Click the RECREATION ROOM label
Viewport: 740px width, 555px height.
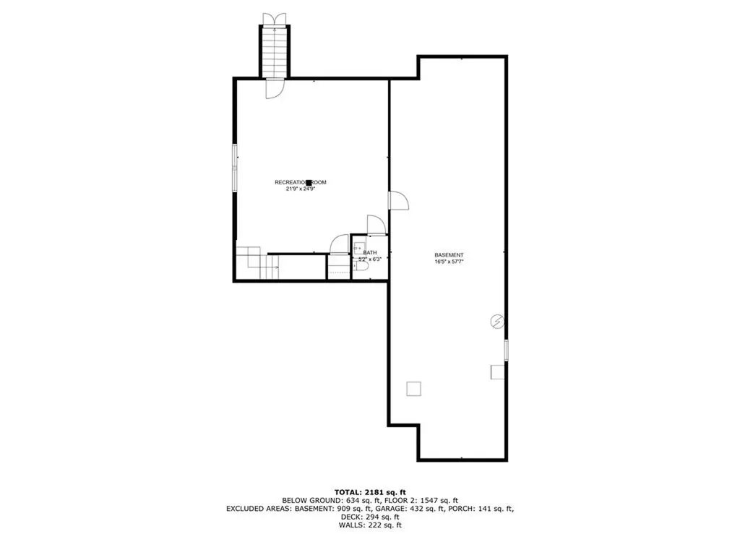300,182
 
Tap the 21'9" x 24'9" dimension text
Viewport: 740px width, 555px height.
300,189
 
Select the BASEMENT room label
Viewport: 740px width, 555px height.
448,255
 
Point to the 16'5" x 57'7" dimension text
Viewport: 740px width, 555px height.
448,262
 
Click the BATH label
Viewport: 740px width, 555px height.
370,252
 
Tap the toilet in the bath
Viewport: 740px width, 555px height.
363,267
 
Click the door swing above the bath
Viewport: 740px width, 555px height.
376,225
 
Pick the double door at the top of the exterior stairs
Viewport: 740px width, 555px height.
275,18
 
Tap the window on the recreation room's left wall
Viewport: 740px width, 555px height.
234,168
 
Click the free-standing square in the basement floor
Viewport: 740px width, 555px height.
413,389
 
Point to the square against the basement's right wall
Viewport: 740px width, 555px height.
497,371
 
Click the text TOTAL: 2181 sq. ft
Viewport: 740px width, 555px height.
370,492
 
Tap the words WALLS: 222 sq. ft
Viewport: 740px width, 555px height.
370,525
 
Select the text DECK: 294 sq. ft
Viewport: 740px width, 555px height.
370,517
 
